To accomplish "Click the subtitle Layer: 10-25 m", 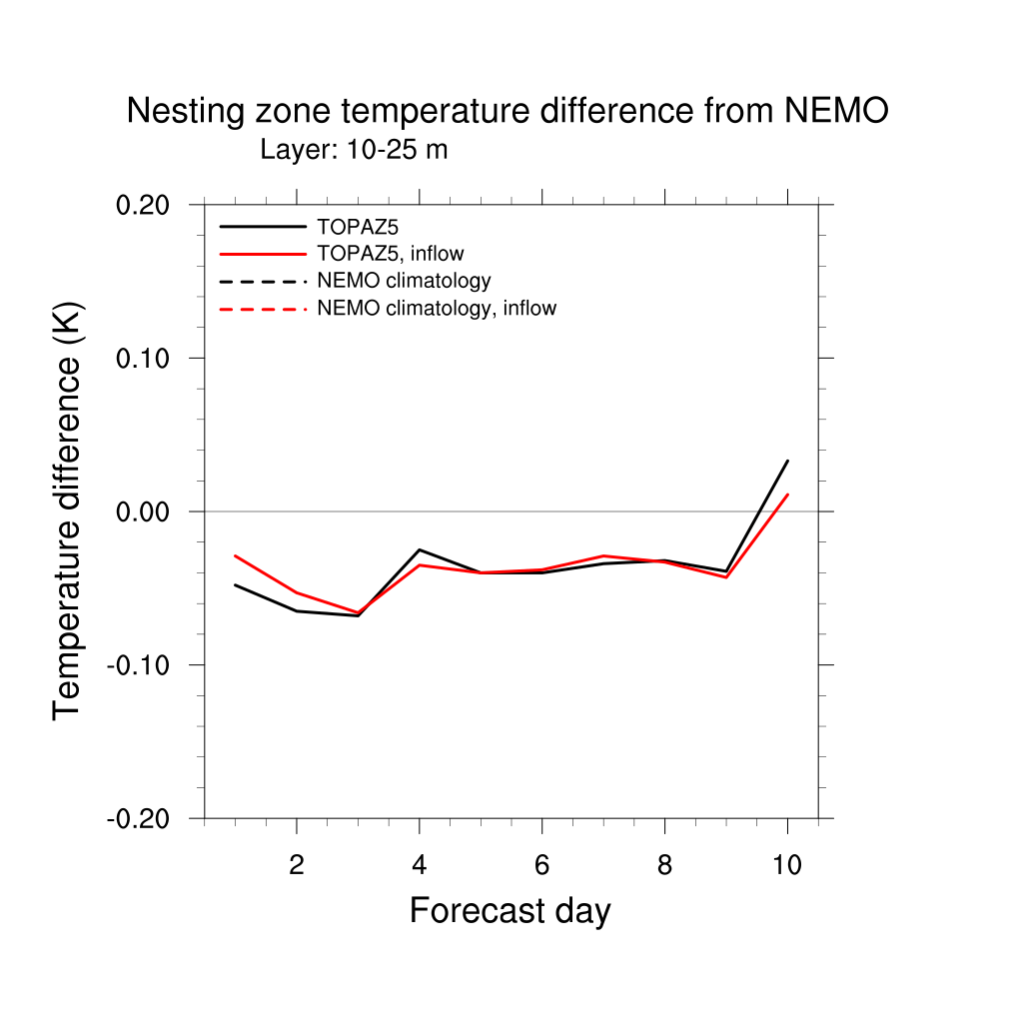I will point(354,151).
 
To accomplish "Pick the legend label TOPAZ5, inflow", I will point(390,254).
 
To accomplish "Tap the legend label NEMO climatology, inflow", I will point(436,309).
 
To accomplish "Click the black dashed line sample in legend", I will point(263,282).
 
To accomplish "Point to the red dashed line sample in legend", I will point(263,309).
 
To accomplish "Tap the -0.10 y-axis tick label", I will point(141,665).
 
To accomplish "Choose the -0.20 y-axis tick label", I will point(141,818).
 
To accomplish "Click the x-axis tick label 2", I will point(297,865).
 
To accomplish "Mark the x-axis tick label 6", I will point(541,865).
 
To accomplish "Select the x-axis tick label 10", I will point(787,865).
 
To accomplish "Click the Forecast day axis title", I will point(510,911).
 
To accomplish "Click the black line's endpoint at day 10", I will point(787,461).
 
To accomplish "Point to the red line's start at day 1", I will point(235,555).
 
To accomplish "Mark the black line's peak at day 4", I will point(420,549).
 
